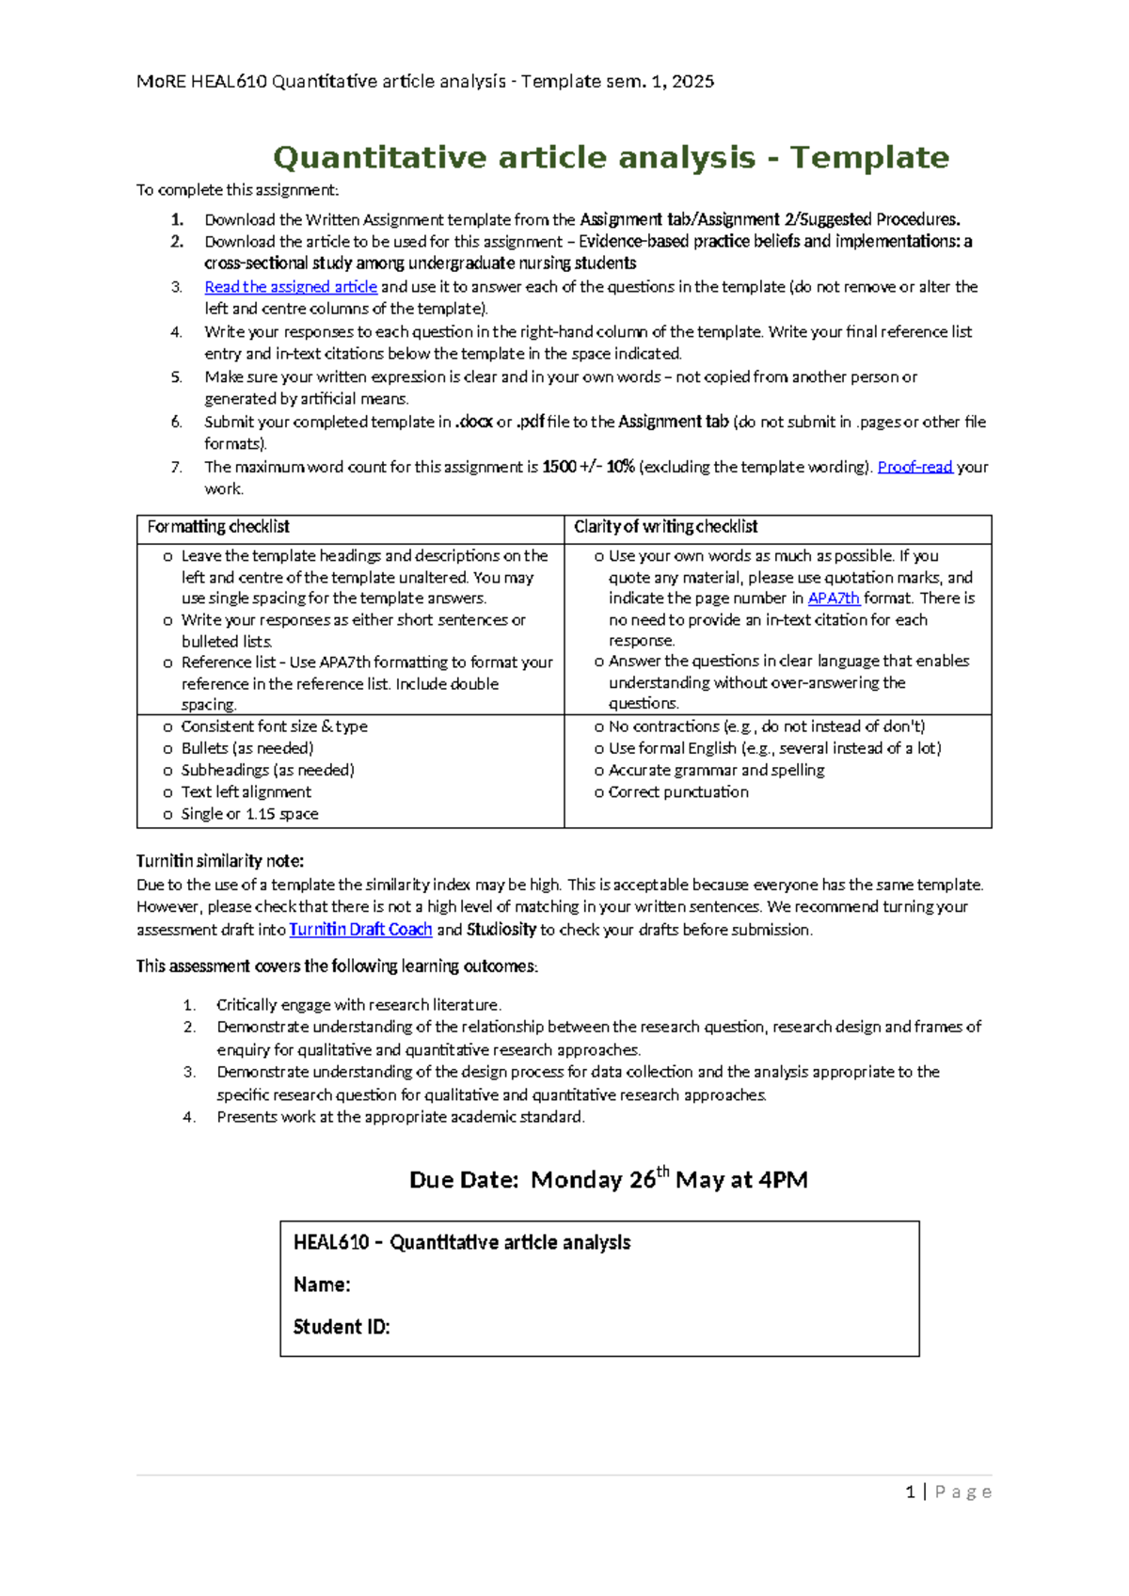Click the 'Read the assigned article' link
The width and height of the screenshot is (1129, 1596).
(291, 287)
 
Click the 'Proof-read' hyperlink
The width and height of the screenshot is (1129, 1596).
(914, 467)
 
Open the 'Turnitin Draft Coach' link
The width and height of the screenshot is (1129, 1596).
(360, 930)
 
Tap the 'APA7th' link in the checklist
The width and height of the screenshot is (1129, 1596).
(834, 598)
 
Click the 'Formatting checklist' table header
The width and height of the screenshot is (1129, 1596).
(218, 527)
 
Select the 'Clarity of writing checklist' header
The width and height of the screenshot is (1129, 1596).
(665, 527)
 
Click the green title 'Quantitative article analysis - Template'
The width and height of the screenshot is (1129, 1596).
(611, 157)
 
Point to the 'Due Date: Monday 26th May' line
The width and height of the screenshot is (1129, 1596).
(608, 1180)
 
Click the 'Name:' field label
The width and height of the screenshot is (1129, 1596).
(322, 1285)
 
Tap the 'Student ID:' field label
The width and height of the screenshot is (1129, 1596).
(342, 1327)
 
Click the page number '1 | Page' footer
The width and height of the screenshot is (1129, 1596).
(947, 1492)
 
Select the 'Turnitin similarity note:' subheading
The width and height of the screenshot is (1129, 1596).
(220, 861)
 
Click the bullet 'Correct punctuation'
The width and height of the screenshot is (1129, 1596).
(678, 792)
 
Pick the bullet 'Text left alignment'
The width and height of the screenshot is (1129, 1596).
(246, 792)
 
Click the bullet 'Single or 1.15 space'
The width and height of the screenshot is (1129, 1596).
(249, 814)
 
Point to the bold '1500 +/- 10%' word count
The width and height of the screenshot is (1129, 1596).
(588, 467)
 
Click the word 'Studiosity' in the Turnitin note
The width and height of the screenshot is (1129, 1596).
(501, 930)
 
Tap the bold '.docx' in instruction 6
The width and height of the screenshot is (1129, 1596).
(474, 423)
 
